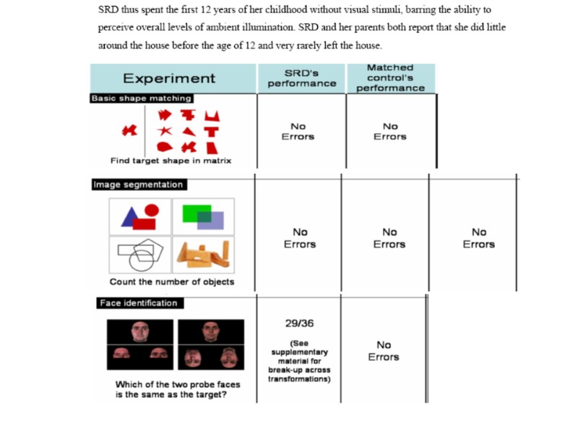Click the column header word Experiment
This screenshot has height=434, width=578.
coord(169,79)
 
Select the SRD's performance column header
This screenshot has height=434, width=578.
coord(301,78)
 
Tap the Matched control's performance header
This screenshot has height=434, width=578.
coord(390,78)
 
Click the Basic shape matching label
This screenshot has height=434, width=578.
coord(142,98)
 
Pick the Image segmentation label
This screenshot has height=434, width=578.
coord(138,184)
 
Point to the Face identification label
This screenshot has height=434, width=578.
coord(138,303)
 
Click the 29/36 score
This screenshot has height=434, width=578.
coord(299,323)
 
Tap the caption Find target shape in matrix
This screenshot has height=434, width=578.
coord(171,161)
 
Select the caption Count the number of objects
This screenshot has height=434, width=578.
coord(171,281)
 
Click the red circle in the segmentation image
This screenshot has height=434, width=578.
coord(151,210)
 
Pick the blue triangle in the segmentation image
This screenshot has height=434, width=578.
coord(131,217)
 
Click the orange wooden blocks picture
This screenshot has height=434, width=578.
coord(203,253)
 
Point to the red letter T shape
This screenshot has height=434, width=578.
coord(210,132)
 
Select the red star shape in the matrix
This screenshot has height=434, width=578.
coord(165,132)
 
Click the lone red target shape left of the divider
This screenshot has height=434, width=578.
coord(129,131)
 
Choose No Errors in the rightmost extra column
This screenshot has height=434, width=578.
coord(479,238)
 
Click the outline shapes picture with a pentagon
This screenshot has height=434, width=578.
coord(140,254)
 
